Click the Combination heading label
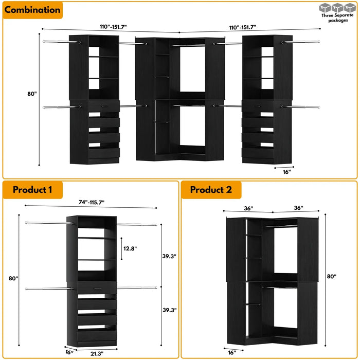[x=32, y=10]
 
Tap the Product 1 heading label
[x=32, y=190]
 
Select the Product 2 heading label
[x=211, y=190]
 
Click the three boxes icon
[x=337, y=8]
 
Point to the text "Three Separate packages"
[x=337, y=18]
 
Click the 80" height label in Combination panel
[x=32, y=94]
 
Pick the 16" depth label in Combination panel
[x=286, y=172]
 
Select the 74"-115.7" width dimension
[x=87, y=203]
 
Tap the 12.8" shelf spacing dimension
[x=130, y=248]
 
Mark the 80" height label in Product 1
[x=13, y=278]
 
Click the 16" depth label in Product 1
[x=69, y=352]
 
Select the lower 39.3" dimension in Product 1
[x=170, y=310]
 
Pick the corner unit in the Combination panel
[x=179, y=98]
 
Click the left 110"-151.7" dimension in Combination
[x=110, y=27]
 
